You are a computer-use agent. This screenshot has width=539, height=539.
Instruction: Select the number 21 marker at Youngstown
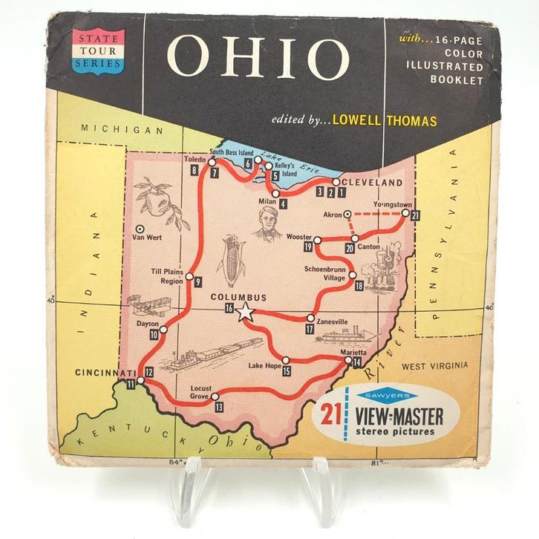416,215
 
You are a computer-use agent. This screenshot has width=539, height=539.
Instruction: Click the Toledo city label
195,159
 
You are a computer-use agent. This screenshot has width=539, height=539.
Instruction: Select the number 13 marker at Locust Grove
218,408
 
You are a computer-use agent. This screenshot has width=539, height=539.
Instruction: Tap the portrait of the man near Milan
267,223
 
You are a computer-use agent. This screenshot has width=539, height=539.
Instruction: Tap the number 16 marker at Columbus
229,308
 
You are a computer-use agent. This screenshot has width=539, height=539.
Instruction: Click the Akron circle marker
347,215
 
